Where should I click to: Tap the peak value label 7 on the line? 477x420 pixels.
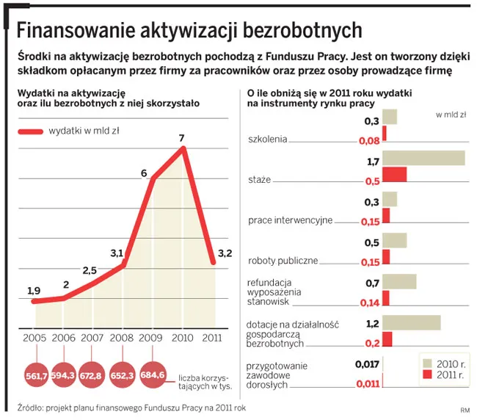[181, 138]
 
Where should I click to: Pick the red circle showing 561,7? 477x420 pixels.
[36, 375]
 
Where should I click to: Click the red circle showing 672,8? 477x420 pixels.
[93, 375]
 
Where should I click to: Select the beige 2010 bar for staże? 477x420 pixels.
[423, 159]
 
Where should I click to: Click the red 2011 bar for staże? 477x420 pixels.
[394, 175]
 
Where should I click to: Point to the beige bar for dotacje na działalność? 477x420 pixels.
[411, 323]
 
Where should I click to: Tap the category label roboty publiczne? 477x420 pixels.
[283, 260]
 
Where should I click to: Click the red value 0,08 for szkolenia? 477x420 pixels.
[368, 140]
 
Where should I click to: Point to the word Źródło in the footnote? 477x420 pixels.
[31, 408]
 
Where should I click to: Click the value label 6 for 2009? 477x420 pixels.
[145, 173]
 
